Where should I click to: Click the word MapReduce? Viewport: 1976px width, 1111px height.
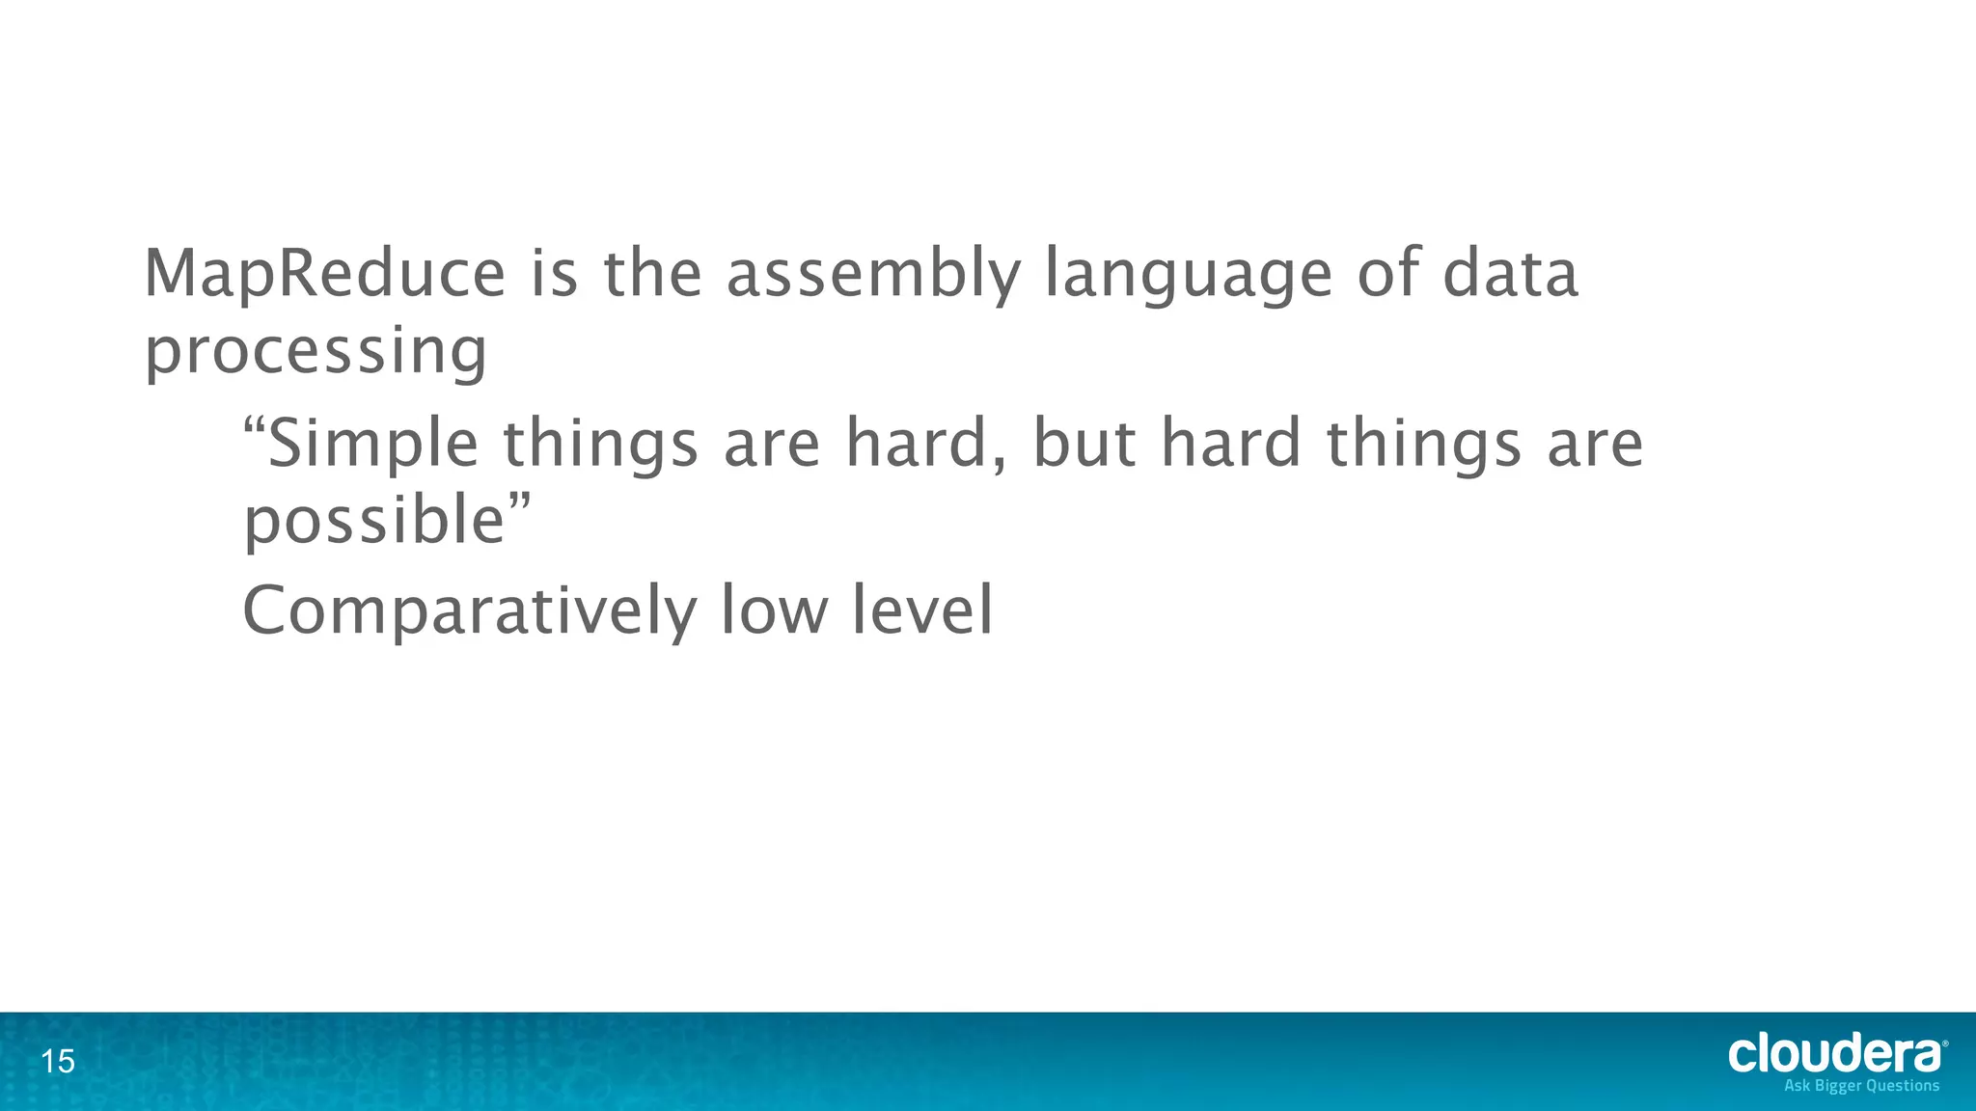coord(324,274)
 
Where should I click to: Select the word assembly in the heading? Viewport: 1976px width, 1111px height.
coord(872,274)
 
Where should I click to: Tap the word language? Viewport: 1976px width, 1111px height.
coord(1189,274)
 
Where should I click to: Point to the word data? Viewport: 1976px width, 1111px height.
coord(1510,274)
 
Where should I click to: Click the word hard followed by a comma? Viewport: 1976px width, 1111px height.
coord(927,445)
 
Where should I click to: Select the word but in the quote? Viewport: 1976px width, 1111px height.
coord(1084,445)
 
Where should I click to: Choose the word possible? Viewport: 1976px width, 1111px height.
coord(374,521)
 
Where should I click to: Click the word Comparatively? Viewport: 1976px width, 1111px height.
coord(469,611)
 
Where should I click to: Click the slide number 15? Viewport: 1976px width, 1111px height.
coord(58,1062)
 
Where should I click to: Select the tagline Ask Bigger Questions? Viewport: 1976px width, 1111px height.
coord(1861,1086)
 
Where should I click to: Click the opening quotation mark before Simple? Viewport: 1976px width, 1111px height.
coord(253,425)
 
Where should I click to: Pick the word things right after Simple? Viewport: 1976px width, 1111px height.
coord(600,445)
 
